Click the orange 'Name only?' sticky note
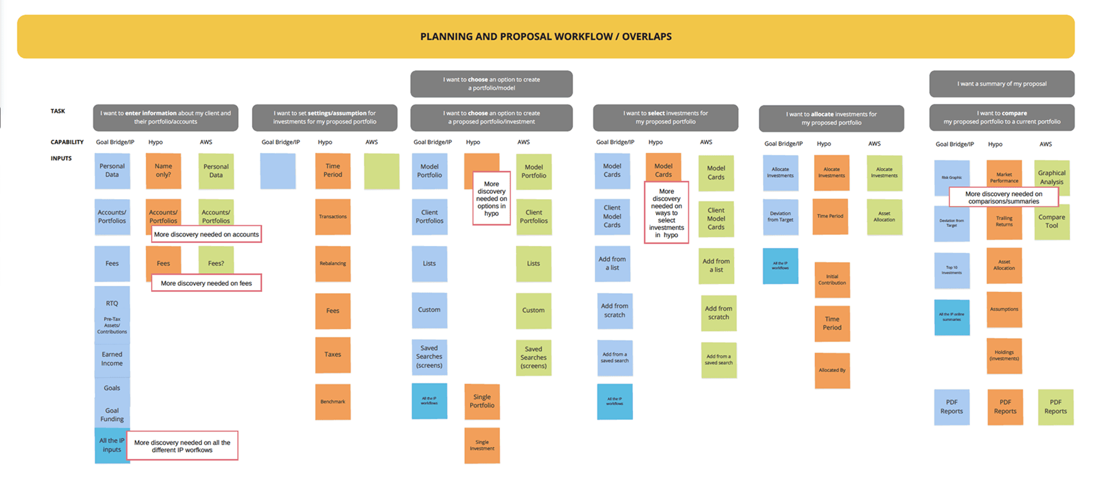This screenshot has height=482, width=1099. tap(163, 171)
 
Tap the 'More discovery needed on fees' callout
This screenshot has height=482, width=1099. tap(206, 283)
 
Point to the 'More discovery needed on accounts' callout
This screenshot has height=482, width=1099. tap(206, 234)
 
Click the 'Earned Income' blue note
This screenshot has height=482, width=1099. tap(112, 359)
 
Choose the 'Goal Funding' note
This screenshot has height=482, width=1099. tap(112, 414)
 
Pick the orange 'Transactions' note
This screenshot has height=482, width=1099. tap(333, 216)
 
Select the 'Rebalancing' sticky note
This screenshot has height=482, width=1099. tap(333, 263)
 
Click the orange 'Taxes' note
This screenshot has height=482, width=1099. tap(333, 355)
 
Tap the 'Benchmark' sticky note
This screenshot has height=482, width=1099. tap(333, 402)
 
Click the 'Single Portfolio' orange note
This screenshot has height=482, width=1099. tap(482, 401)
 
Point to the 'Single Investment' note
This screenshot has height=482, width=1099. tap(482, 445)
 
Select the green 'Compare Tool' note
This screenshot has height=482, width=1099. tap(1052, 222)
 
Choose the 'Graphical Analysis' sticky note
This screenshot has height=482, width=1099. tap(1052, 177)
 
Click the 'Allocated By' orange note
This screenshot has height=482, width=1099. tap(832, 370)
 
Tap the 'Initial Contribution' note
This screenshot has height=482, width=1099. tap(832, 279)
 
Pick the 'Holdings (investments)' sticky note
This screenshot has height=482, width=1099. tap(1004, 355)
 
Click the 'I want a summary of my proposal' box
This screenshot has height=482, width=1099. tap(1002, 84)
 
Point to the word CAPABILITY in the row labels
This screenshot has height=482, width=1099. tap(67, 142)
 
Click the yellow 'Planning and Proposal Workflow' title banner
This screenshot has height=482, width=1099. tap(546, 36)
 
